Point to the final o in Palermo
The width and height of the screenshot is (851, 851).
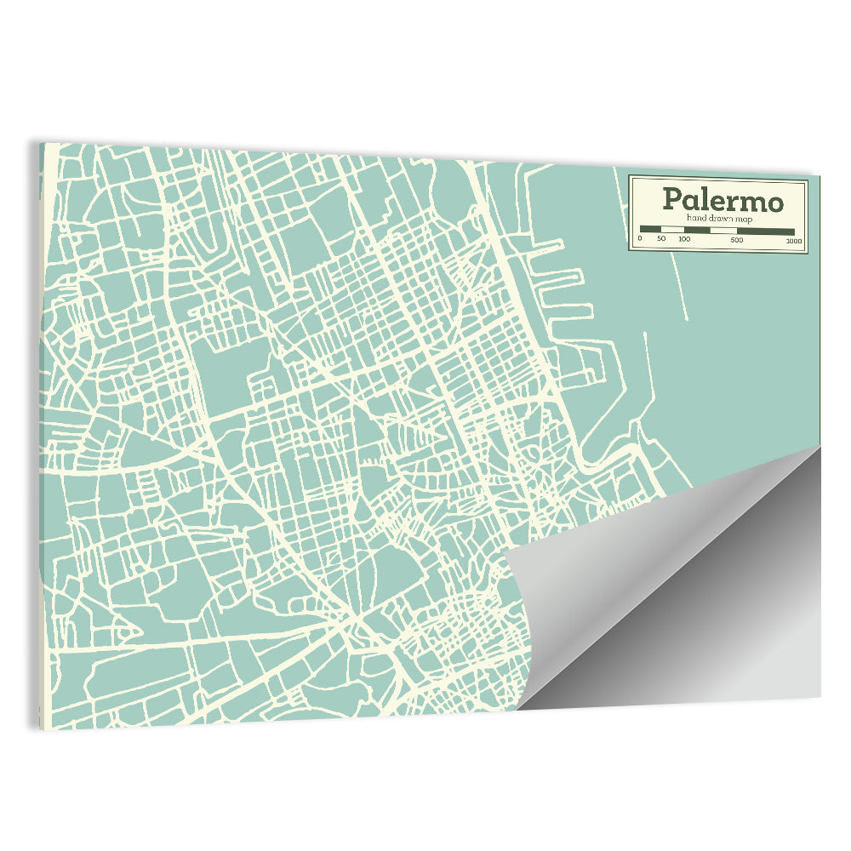(x=773, y=203)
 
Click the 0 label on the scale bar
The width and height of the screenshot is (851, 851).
(x=640, y=239)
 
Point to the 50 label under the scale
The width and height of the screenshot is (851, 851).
(x=661, y=239)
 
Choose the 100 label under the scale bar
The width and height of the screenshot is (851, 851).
(x=684, y=239)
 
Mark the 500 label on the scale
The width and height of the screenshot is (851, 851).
(x=737, y=239)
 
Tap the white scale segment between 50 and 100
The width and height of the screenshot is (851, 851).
(x=672, y=230)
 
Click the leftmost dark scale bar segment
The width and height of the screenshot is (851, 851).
(x=650, y=230)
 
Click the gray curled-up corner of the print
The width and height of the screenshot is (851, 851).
(x=681, y=596)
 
